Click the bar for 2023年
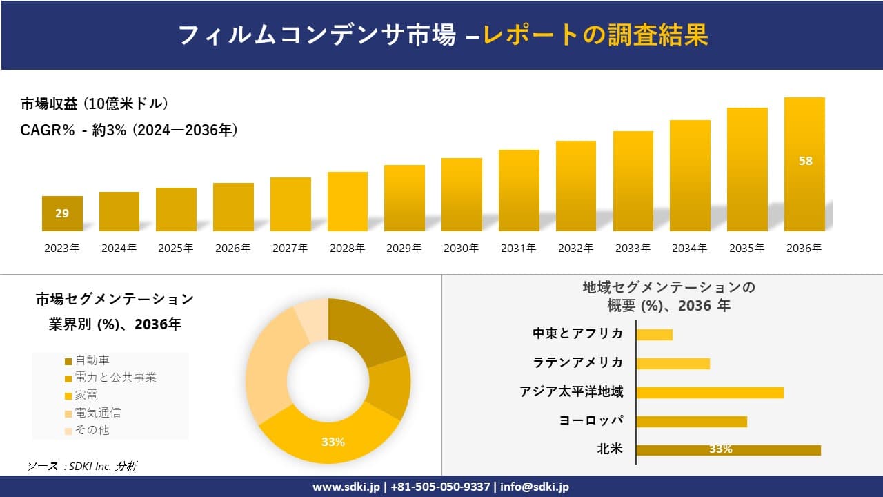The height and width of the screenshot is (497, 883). coord(62,213)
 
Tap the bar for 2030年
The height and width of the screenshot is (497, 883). coord(462,195)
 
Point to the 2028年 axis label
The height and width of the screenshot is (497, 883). coord(347,248)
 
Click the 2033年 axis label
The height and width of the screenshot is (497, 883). coord(633,248)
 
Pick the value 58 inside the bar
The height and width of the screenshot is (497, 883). coord(805,161)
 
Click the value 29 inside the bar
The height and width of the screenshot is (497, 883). coord(62,213)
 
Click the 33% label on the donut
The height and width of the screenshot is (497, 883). coord(333,442)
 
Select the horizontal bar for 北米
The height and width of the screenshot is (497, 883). coord(728,450)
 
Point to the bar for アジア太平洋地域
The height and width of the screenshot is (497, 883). coord(710,392)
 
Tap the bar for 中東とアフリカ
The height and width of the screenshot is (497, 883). coord(654,334)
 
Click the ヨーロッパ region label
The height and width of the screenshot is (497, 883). coord(591,421)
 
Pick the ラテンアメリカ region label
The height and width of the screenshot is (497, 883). coord(577,363)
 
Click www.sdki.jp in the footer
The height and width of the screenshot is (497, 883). coord(346,487)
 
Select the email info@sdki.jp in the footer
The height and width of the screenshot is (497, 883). coord(535,487)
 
